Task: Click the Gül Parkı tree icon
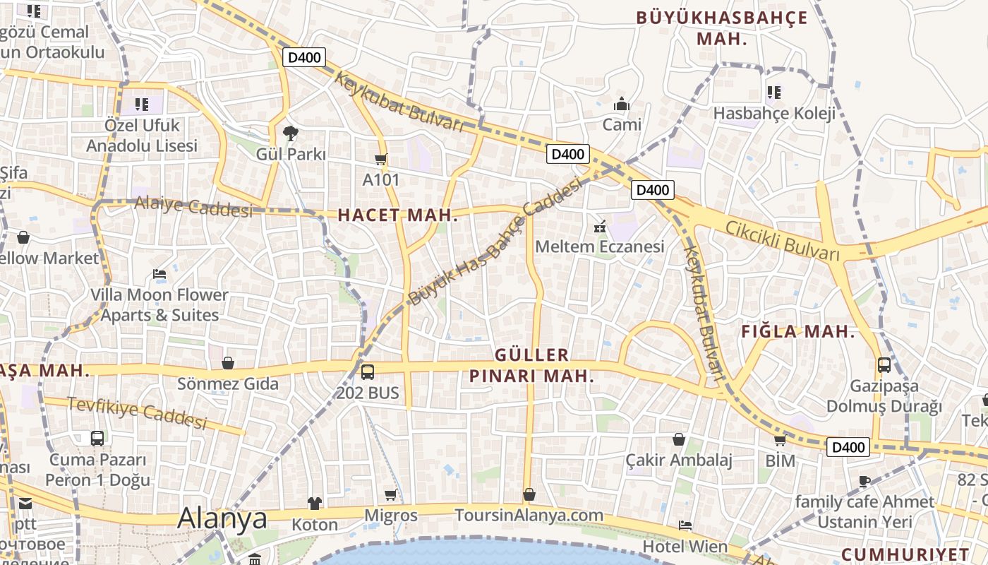[x=290, y=133]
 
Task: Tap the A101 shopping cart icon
[x=381, y=160]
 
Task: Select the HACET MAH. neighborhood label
[x=398, y=215]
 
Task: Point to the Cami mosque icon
[x=622, y=105]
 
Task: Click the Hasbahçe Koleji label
[x=774, y=113]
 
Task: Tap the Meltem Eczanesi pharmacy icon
[x=600, y=227]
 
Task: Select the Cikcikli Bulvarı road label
[x=783, y=239]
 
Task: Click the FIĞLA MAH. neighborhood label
[x=798, y=331]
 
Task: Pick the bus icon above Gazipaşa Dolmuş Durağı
[x=884, y=365]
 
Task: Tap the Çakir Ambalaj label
[x=679, y=460]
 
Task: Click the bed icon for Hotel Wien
[x=685, y=525]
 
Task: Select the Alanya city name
[x=222, y=518]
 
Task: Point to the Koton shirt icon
[x=315, y=504]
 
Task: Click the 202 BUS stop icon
[x=368, y=372]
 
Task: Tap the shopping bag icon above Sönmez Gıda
[x=228, y=364]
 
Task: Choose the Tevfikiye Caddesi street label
[x=137, y=412]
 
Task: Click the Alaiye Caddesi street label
[x=193, y=207]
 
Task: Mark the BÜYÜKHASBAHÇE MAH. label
[x=722, y=28]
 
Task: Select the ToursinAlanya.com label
[x=529, y=515]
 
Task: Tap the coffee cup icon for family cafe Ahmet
[x=864, y=482]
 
